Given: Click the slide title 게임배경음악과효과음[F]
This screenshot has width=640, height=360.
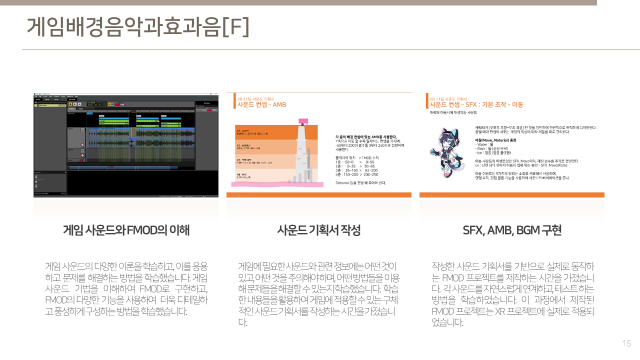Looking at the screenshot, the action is point(137,27).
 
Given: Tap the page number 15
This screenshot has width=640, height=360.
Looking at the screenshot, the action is point(626,343).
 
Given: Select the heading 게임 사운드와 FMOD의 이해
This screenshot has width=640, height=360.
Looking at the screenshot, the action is point(126,230).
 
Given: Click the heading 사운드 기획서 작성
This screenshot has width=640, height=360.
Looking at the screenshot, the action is point(318,230).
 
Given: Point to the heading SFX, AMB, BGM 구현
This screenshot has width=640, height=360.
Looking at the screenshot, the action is point(512,230).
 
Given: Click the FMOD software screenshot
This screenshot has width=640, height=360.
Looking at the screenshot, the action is point(126,145).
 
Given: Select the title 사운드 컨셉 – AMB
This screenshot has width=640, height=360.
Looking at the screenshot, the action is point(261,105).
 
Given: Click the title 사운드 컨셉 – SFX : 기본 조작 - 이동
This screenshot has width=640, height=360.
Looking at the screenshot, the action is point(476,105).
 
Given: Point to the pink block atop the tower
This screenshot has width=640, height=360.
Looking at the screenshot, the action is point(303,121).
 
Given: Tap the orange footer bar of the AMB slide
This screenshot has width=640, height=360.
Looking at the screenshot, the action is point(318,195).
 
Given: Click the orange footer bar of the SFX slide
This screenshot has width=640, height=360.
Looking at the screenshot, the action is point(512,195).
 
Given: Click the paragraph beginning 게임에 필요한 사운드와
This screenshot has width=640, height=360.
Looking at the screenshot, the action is point(318,293).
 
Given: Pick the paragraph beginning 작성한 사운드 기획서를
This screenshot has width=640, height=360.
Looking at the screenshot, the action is point(512,293).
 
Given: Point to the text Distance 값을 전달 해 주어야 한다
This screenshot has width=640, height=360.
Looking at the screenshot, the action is point(360,183).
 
